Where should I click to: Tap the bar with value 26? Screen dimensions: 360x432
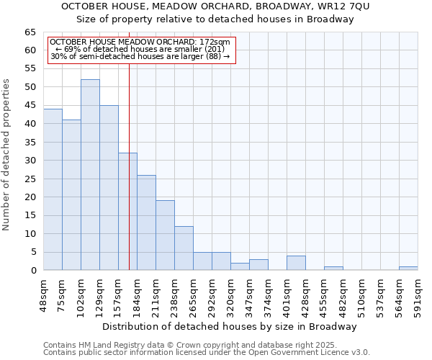point(146,222)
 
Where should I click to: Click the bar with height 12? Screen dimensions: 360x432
point(184,248)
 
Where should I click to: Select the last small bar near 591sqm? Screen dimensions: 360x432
point(408,269)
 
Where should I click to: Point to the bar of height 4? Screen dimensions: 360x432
point(296,263)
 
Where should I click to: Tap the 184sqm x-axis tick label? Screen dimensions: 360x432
point(137,294)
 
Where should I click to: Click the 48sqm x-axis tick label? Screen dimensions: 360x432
point(43,293)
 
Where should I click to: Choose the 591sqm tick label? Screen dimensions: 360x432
point(418,294)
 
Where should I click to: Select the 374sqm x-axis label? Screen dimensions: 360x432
point(268,294)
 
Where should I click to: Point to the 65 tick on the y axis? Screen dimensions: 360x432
point(30,32)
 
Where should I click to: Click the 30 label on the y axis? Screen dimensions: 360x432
point(30,161)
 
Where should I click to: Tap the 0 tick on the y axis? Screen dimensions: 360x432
point(32,271)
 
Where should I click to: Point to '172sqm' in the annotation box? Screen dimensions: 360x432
point(215,42)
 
